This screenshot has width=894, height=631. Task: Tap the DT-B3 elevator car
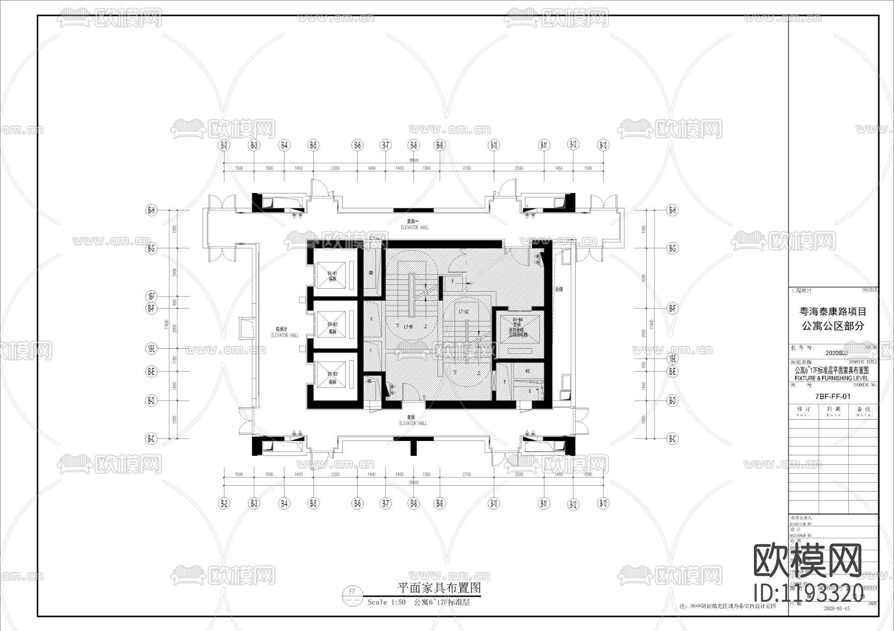click(332, 378)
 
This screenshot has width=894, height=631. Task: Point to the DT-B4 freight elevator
click(518, 328)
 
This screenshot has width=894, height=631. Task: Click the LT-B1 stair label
click(409, 327)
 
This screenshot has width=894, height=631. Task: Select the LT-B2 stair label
click(464, 312)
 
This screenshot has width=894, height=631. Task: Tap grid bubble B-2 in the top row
click(224, 145)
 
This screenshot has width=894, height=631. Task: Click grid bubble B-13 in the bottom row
click(603, 504)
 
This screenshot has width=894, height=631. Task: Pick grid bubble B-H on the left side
click(151, 210)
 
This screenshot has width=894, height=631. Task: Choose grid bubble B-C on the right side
click(672, 439)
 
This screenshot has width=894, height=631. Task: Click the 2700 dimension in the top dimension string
click(466, 168)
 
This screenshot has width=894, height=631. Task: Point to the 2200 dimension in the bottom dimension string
click(335, 474)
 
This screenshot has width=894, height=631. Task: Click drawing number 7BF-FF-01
click(833, 396)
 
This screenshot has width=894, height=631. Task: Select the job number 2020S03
click(836, 353)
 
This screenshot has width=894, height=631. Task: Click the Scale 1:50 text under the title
click(386, 602)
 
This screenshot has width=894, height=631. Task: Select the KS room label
click(527, 371)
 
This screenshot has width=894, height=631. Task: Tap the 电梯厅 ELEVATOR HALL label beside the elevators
click(285, 332)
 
